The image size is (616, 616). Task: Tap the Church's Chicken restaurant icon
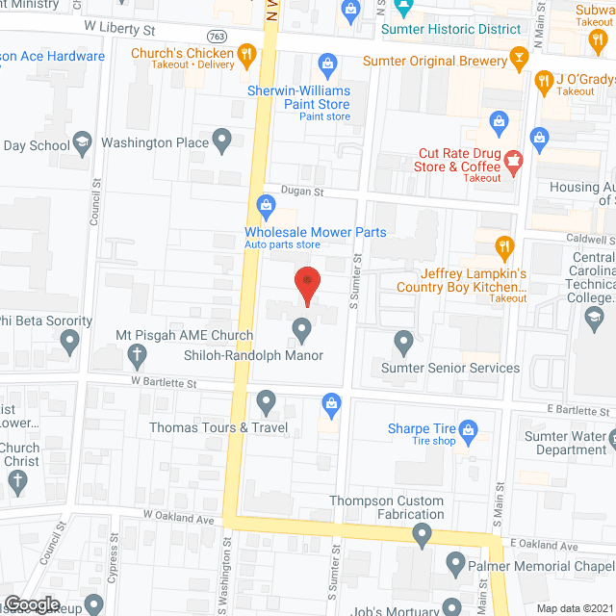247,54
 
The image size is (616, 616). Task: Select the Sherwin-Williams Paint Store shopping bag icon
327,64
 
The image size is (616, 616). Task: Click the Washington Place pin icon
223,142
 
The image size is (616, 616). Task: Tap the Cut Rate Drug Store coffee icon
513,160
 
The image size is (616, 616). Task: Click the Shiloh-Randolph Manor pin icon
302,331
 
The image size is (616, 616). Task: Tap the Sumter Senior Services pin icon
404,342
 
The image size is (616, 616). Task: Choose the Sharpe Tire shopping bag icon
469,429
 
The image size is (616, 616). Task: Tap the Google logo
32,604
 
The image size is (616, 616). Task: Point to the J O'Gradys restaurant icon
542,82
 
